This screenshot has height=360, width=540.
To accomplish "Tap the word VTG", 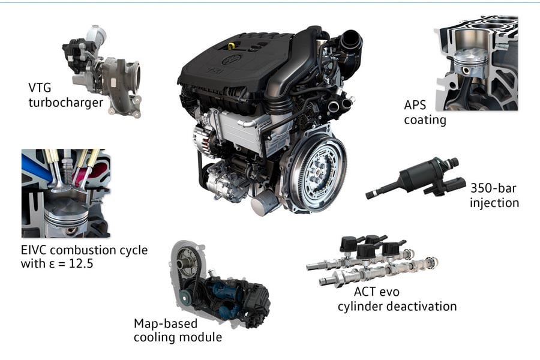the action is [40, 88].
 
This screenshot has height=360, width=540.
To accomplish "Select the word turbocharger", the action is [65, 103].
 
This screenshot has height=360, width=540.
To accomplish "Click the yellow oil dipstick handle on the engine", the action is [232, 46].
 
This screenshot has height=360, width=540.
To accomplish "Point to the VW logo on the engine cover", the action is [232, 59].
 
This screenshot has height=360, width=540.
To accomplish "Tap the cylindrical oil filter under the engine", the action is [265, 202].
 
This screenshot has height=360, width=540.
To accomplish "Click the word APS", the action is [415, 105].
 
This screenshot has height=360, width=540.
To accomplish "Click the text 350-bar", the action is [494, 188].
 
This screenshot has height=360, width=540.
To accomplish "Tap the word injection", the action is [494, 203].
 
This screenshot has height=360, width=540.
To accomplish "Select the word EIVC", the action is [34, 250].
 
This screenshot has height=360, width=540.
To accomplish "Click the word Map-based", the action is [166, 323].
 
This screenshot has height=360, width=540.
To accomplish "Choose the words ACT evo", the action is [376, 292].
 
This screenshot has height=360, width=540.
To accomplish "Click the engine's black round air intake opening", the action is [350, 40].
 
